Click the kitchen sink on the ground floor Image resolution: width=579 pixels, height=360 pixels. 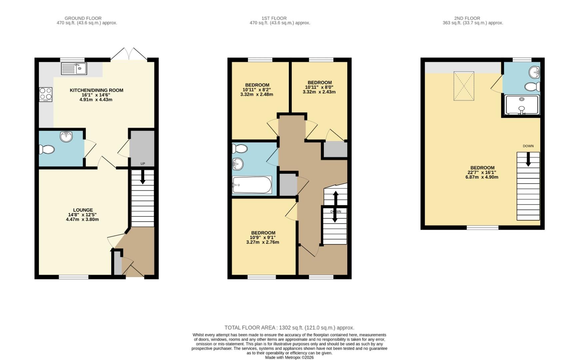pyautogui.click(x=74, y=69)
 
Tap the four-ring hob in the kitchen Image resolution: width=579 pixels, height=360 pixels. pyautogui.click(x=46, y=94)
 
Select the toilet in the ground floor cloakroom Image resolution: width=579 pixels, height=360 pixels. pyautogui.click(x=47, y=149)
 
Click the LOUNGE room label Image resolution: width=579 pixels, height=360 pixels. pyautogui.click(x=83, y=210)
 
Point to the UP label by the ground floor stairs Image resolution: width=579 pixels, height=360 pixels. pyautogui.click(x=143, y=164)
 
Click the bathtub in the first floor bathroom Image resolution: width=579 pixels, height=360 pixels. pyautogui.click(x=252, y=185)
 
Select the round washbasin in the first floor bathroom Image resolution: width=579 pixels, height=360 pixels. pyautogui.click(x=238, y=164)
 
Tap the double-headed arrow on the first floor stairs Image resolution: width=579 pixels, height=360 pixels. pyautogui.click(x=335, y=207)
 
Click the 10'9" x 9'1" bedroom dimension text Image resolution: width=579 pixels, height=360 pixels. pyautogui.click(x=263, y=237)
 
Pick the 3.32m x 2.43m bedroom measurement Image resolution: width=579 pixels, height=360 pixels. pyautogui.click(x=319, y=92)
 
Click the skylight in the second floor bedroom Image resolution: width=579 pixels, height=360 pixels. pyautogui.click(x=463, y=86)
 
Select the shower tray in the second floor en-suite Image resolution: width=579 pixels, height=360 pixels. pyautogui.click(x=522, y=105)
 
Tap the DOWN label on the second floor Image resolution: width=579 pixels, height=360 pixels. pyautogui.click(x=528, y=146)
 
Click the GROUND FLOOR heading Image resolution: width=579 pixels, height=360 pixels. pyautogui.click(x=83, y=18)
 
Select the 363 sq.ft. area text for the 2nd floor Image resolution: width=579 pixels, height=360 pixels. pyautogui.click(x=473, y=23)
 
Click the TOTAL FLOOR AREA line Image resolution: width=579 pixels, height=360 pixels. pyautogui.click(x=289, y=328)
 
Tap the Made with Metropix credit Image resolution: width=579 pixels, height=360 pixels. pyautogui.click(x=289, y=357)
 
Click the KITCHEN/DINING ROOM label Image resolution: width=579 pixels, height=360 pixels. pyautogui.click(x=96, y=90)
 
